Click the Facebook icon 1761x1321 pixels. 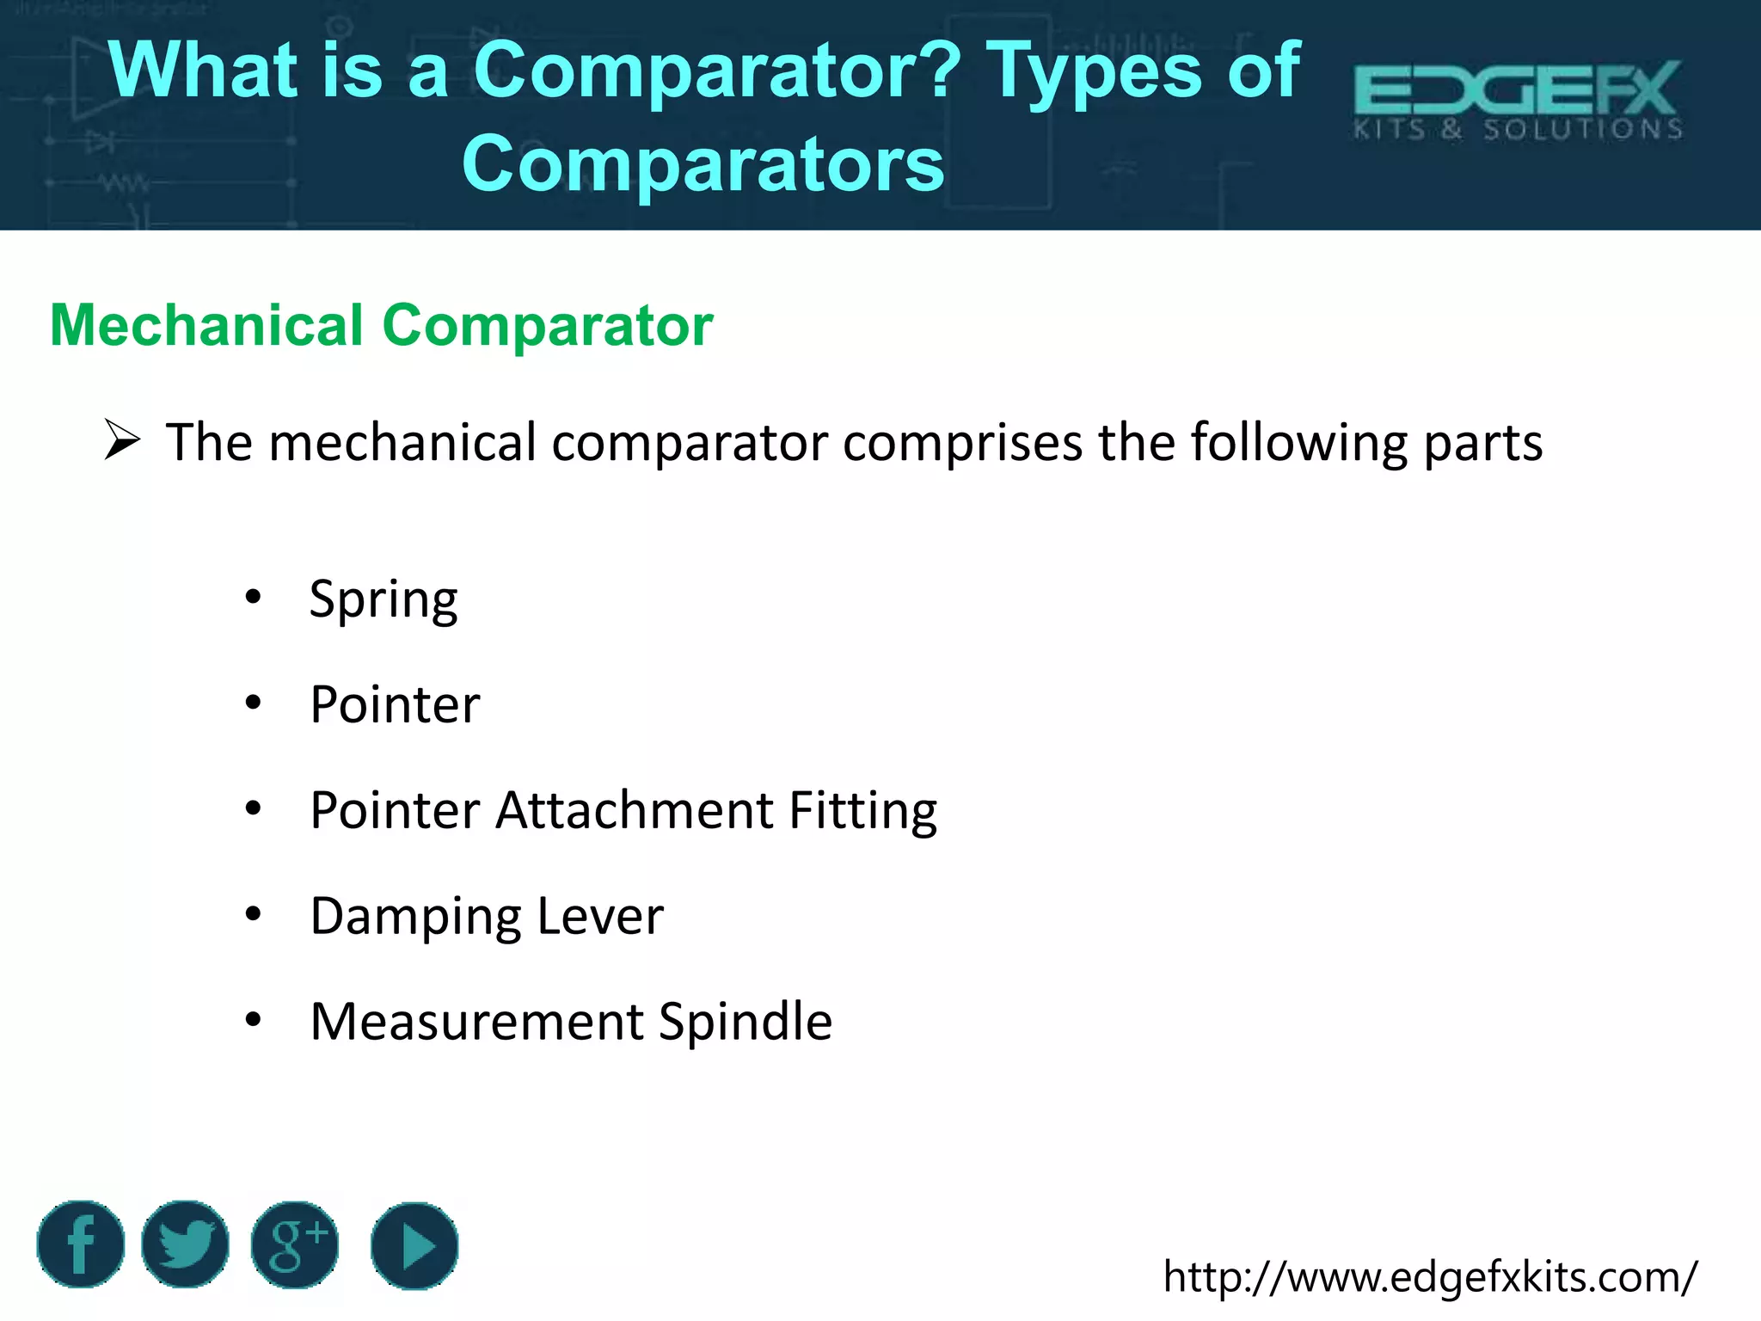click(x=81, y=1244)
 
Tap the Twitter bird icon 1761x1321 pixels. click(x=185, y=1244)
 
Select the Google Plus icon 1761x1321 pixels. click(x=295, y=1244)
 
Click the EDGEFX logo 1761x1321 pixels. click(x=1518, y=100)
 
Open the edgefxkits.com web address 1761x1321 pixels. click(x=1430, y=1276)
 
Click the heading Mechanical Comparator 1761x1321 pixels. click(x=382, y=325)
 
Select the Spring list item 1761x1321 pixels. click(x=383, y=599)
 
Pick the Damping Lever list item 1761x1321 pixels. click(x=487, y=916)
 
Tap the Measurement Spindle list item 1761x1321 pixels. click(x=571, y=1022)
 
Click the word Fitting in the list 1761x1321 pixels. click(x=862, y=811)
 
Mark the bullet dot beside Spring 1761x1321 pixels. click(x=253, y=597)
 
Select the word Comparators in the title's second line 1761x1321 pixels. click(x=703, y=163)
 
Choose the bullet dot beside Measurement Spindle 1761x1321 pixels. click(x=253, y=1019)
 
